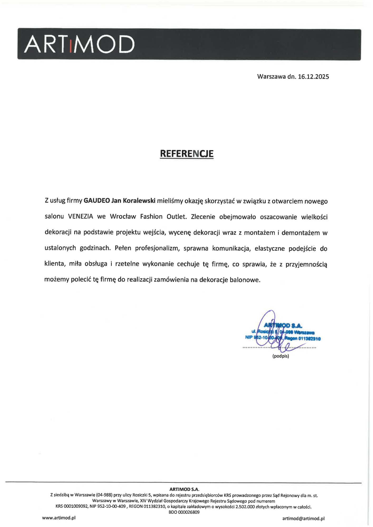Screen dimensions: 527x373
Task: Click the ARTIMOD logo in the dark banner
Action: pos(79,44)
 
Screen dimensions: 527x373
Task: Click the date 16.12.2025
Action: pos(313,77)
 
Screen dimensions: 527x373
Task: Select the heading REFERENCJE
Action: pos(187,154)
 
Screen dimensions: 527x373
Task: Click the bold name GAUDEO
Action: pos(97,201)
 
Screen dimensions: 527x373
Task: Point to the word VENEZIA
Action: pos(80,217)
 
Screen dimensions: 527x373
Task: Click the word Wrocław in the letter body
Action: pos(123,217)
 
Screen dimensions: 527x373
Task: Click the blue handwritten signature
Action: pos(272,332)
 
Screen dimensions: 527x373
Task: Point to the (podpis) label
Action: pos(280,356)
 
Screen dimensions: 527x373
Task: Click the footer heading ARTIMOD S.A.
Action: pos(184,489)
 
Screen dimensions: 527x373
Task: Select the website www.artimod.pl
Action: pos(59,518)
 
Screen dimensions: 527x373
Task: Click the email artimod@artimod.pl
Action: pos(303,518)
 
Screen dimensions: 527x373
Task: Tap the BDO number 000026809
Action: pos(188,512)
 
